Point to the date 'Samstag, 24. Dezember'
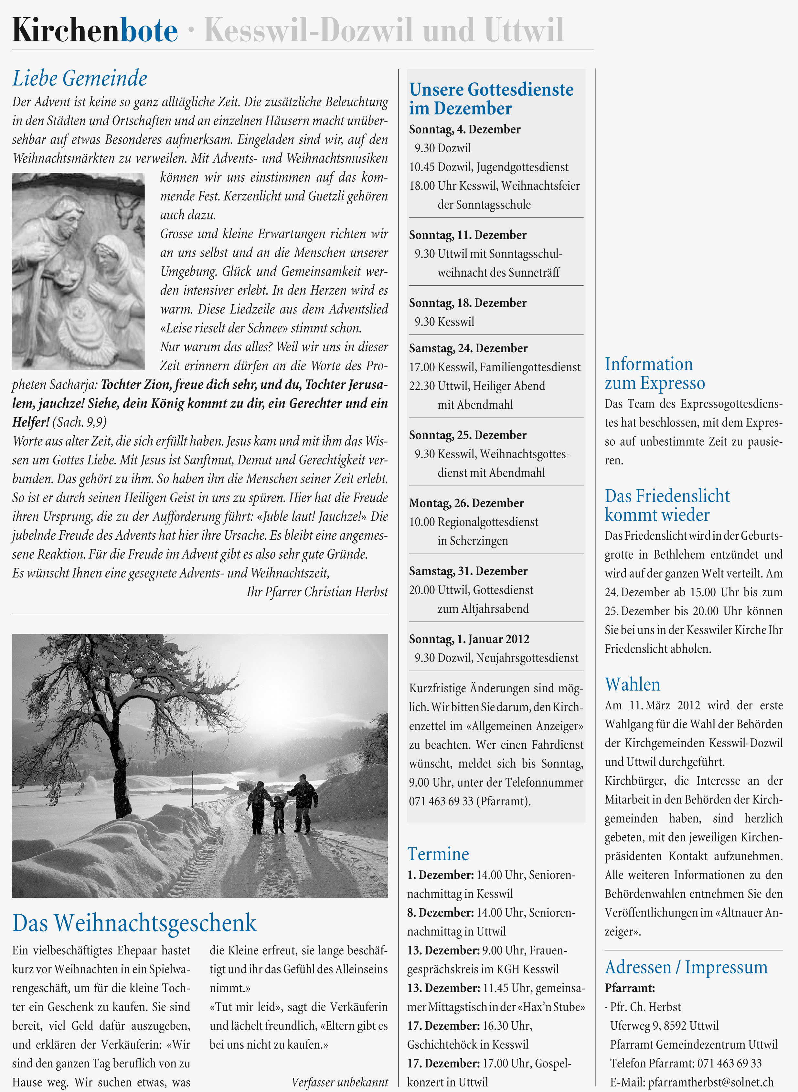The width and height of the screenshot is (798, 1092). click(x=468, y=348)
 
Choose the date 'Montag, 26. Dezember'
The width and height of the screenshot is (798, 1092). click(x=466, y=503)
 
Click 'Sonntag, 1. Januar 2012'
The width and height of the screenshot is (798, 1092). click(x=469, y=639)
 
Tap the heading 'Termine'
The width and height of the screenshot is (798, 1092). click(x=438, y=854)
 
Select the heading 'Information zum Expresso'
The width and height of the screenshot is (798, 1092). click(x=654, y=373)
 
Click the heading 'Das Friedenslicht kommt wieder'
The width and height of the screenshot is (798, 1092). click(x=666, y=505)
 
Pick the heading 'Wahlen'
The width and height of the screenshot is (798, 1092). click(x=632, y=684)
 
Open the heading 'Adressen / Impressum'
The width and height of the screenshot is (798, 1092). click(x=686, y=967)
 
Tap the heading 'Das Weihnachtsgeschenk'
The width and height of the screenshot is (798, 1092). click(x=134, y=923)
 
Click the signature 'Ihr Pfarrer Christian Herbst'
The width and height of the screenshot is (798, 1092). click(x=317, y=592)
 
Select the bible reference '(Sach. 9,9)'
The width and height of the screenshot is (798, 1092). click(x=79, y=422)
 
